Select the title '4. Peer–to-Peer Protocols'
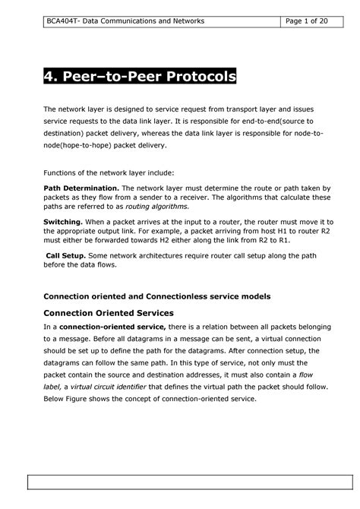pos(140,77)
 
